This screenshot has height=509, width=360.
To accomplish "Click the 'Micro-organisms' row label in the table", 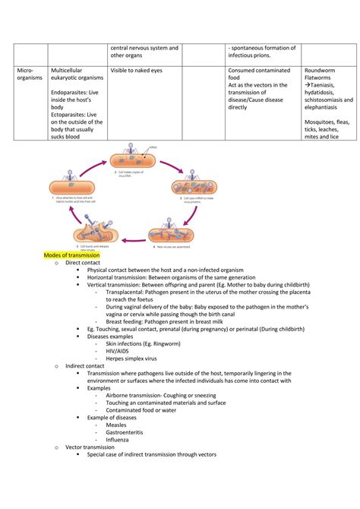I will click(30, 74).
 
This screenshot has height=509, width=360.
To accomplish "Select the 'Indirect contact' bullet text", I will click(87, 365).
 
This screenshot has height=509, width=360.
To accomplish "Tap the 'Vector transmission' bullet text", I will click(93, 447).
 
